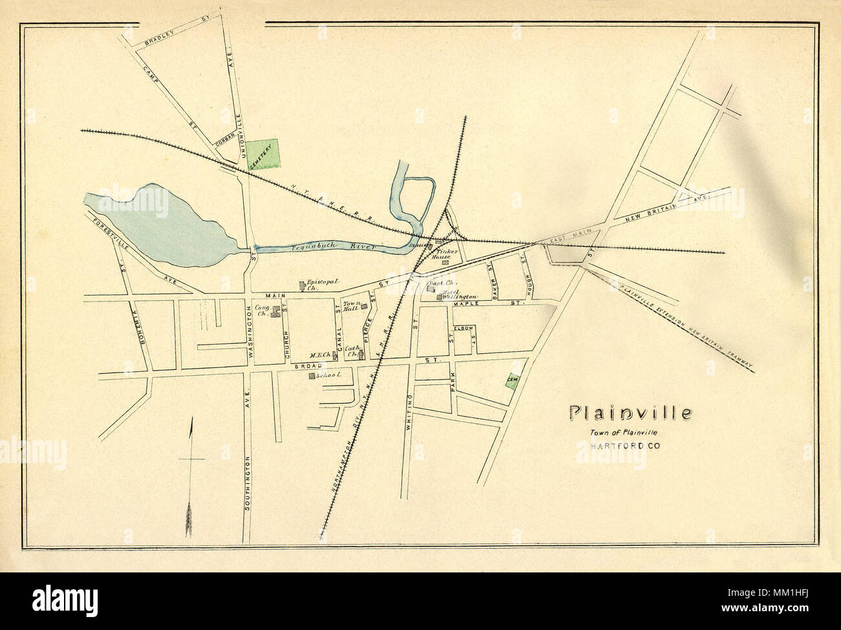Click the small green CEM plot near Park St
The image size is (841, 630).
click(511, 382)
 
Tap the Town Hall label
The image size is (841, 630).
click(350, 306)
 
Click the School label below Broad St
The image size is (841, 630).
click(329, 375)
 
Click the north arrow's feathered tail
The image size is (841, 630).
click(190, 517)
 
